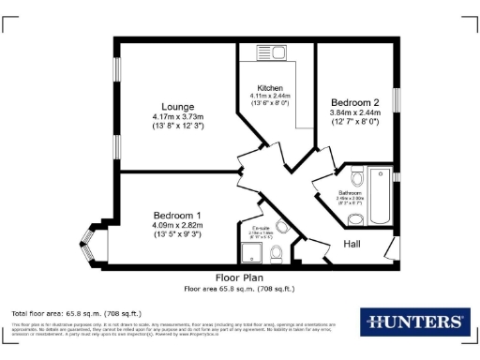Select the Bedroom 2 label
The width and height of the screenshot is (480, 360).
(x=353, y=102)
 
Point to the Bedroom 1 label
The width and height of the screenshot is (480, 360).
(x=171, y=215)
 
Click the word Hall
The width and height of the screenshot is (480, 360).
(x=352, y=245)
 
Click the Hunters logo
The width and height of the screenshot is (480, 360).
(x=412, y=322)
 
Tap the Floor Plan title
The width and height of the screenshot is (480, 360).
(x=239, y=277)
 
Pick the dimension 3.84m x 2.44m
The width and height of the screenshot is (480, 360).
(x=353, y=112)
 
